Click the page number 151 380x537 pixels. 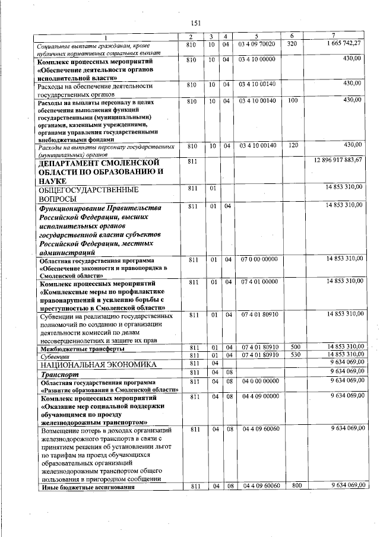click(195, 23)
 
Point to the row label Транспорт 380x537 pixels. click(58, 374)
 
